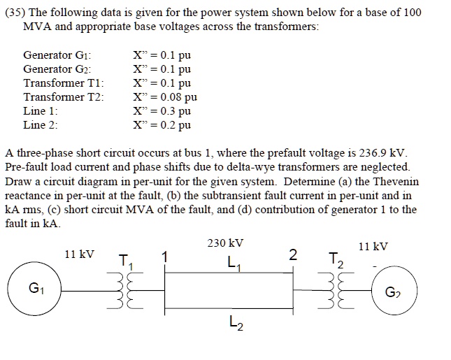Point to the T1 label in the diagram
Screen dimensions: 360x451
point(125,261)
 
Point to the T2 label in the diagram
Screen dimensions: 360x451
point(336,261)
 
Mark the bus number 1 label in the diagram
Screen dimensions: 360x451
point(165,257)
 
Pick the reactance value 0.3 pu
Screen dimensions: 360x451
point(162,111)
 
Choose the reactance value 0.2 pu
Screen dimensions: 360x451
point(162,125)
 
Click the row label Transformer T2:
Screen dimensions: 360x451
point(64,97)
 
